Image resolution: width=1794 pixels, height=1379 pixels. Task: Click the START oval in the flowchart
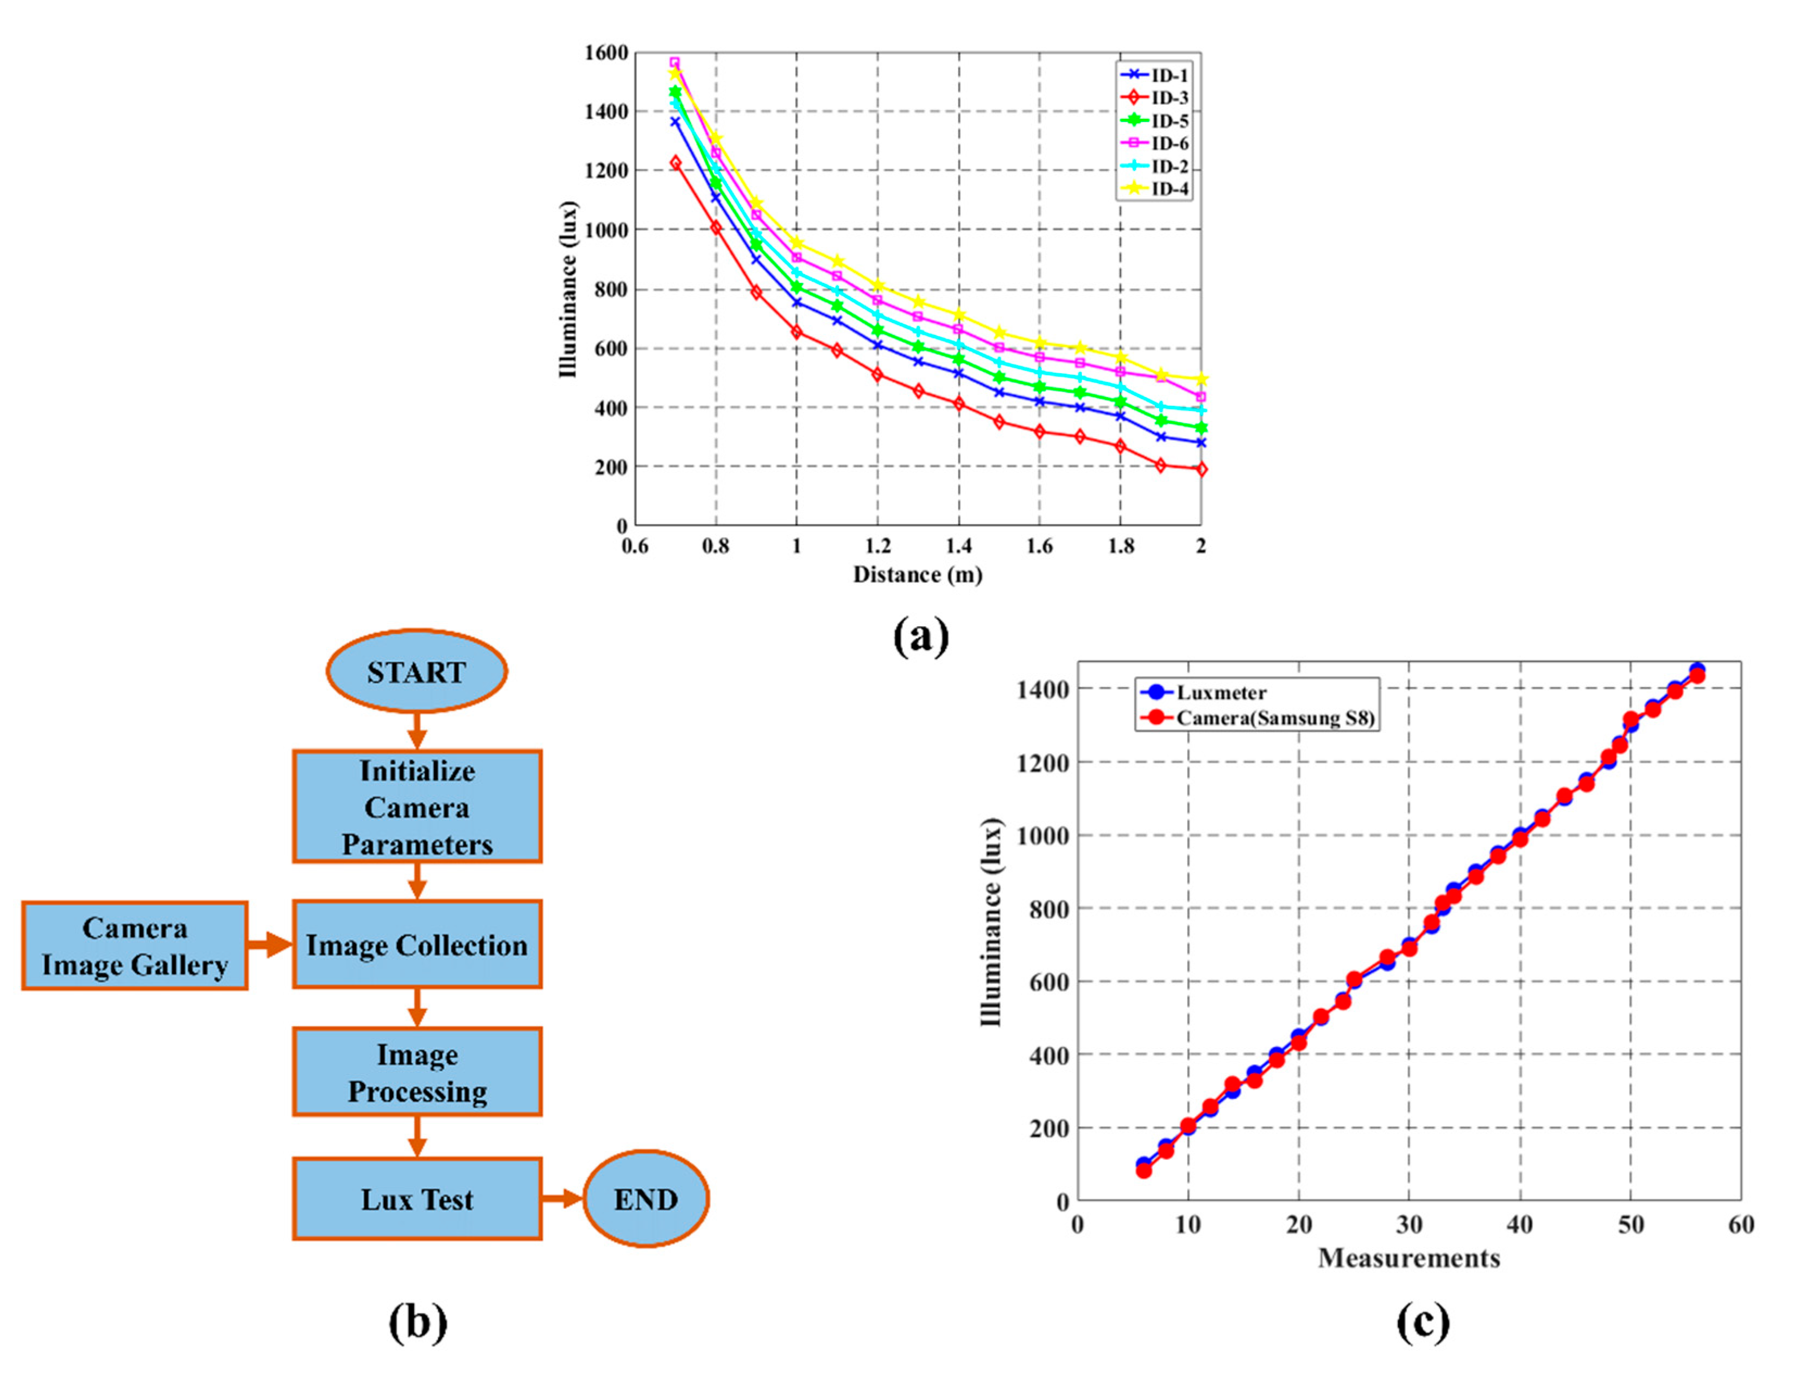(416, 671)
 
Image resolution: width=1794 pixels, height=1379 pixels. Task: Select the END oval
(646, 1199)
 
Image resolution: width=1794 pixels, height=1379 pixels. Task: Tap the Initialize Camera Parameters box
(417, 807)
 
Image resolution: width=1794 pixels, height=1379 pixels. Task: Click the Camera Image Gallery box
(135, 945)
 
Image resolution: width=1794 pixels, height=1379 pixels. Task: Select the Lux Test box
(417, 1199)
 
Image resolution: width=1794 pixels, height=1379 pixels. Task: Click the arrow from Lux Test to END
(563, 1199)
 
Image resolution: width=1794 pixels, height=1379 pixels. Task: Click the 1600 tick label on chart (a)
(606, 53)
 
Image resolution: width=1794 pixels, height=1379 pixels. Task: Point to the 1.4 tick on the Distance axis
(958, 546)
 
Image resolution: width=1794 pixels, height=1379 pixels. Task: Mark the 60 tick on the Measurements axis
(1741, 1225)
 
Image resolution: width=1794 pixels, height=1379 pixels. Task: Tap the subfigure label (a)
(920, 636)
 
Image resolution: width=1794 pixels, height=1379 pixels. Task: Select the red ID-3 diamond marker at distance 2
(1201, 469)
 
